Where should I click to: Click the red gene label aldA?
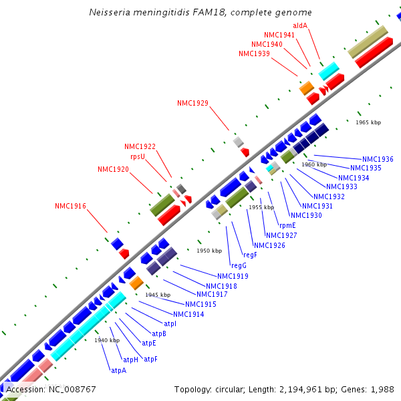coord(300,25)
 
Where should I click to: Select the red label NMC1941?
coord(279,35)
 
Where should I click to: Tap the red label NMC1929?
coord(192,103)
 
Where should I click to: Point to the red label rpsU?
coord(138,156)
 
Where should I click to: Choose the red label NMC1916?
coord(70,206)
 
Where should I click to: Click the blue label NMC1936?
coord(378,159)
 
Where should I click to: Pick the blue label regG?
coord(239,265)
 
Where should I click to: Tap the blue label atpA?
coord(119,370)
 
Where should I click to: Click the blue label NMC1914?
coord(188,314)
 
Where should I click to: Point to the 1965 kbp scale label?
coord(368,122)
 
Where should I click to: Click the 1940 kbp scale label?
coord(107,340)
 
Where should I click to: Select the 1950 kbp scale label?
coord(209,251)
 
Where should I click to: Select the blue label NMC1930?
coord(306,215)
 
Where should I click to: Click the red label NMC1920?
coord(113,169)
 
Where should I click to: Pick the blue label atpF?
coord(151,359)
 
